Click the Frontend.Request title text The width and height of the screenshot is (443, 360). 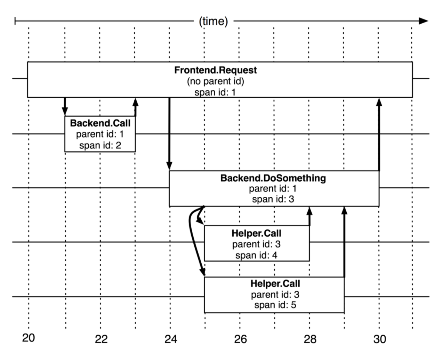tap(215, 70)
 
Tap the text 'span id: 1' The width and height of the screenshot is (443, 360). tap(215, 93)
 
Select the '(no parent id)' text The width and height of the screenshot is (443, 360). tap(215, 81)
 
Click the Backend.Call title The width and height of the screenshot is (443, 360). tap(100, 123)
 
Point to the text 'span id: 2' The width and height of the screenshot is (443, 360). tap(100, 145)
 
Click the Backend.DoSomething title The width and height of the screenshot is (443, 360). tap(273, 178)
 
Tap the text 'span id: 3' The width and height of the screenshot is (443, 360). tap(273, 199)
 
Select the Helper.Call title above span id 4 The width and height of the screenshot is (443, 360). tap(257, 233)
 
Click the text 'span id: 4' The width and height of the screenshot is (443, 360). tap(257, 255)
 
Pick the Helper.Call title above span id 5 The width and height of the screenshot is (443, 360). tap(275, 284)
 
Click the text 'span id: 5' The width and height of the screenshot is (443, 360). tap(275, 305)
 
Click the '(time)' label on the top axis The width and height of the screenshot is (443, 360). tap(213, 21)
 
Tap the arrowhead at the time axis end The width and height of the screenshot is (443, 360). tap(424, 21)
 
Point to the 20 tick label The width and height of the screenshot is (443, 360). tap(29, 338)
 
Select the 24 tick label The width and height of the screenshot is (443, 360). tap(170, 339)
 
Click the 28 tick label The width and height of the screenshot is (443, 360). tap(310, 339)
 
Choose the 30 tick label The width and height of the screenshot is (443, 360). tap(380, 339)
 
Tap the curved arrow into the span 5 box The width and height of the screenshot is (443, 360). tap(192, 240)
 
